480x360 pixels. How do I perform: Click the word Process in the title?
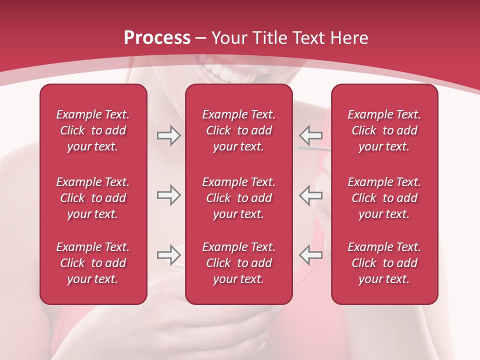[x=157, y=38]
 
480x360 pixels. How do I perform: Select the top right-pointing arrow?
[x=168, y=135]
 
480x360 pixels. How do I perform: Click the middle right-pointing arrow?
[x=168, y=195]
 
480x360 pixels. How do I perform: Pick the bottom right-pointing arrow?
[x=168, y=255]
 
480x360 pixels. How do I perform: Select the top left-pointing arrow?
[x=311, y=135]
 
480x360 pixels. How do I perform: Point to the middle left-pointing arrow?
[x=311, y=195]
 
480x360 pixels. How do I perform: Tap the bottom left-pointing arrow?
[x=311, y=255]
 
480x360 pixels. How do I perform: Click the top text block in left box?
[x=93, y=130]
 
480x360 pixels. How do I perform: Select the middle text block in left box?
[x=93, y=198]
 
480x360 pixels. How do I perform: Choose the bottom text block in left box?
[x=93, y=263]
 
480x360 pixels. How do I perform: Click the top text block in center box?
[x=238, y=130]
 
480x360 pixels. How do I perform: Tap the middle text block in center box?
[x=238, y=198]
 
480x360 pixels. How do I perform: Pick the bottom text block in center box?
[x=238, y=263]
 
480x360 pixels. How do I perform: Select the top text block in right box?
[x=384, y=130]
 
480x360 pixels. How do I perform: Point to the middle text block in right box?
[x=384, y=198]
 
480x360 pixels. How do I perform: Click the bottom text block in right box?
[x=384, y=263]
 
